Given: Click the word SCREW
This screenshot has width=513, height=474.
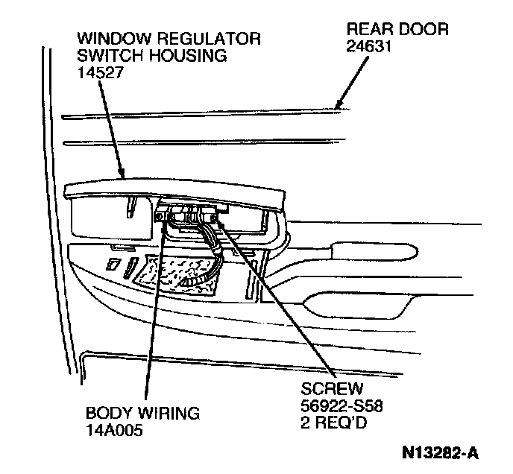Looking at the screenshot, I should pos(332,389).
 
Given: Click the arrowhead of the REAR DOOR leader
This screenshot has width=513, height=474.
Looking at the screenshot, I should pos(339,105).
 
